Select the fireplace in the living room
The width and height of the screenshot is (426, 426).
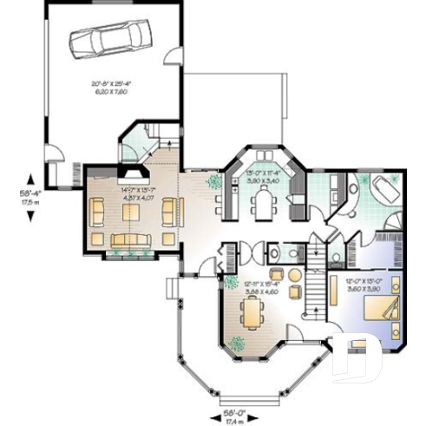point(127,171)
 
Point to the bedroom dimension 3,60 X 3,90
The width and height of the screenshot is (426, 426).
point(362,288)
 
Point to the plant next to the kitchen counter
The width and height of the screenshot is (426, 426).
point(213,181)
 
